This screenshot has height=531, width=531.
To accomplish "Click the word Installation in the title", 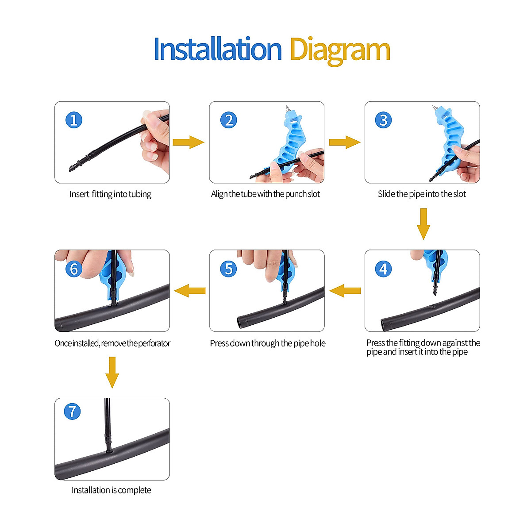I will pyautogui.click(x=217, y=49).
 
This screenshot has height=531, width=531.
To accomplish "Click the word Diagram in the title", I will pyautogui.click(x=339, y=50).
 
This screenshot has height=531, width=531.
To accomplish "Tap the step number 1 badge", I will pyautogui.click(x=74, y=120).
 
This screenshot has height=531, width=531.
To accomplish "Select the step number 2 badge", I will pyautogui.click(x=229, y=120).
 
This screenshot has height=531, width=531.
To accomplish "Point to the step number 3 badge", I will pyautogui.click(x=383, y=120).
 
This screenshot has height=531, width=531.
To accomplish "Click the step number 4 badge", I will pyautogui.click(x=383, y=269).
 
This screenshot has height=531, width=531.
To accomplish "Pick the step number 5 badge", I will pyautogui.click(x=229, y=269).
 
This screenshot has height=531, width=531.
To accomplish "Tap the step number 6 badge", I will pyautogui.click(x=74, y=269).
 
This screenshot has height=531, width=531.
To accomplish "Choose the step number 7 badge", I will pyautogui.click(x=72, y=411).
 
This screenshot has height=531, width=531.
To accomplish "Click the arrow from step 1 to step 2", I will pyautogui.click(x=189, y=142).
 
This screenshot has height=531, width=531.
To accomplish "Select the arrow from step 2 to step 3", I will pyautogui.click(x=344, y=142).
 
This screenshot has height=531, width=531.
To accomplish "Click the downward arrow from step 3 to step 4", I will pyautogui.click(x=423, y=223).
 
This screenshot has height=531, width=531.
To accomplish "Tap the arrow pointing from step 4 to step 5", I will pyautogui.click(x=345, y=291).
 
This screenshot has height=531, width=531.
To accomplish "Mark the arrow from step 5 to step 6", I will pyautogui.click(x=190, y=291).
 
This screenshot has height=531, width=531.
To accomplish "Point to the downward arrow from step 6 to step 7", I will pyautogui.click(x=112, y=372).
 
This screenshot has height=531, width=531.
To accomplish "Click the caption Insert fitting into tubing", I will pyautogui.click(x=110, y=194).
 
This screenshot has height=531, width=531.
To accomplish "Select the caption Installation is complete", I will pyautogui.click(x=111, y=490).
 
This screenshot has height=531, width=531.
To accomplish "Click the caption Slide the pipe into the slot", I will pyautogui.click(x=422, y=194).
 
